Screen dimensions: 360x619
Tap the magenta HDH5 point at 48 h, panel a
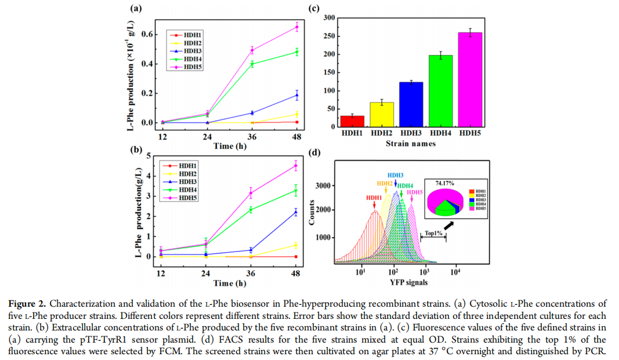point(296,27)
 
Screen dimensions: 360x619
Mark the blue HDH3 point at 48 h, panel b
point(295,212)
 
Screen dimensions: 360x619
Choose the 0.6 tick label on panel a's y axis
point(146,34)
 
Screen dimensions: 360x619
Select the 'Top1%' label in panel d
point(433,233)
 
